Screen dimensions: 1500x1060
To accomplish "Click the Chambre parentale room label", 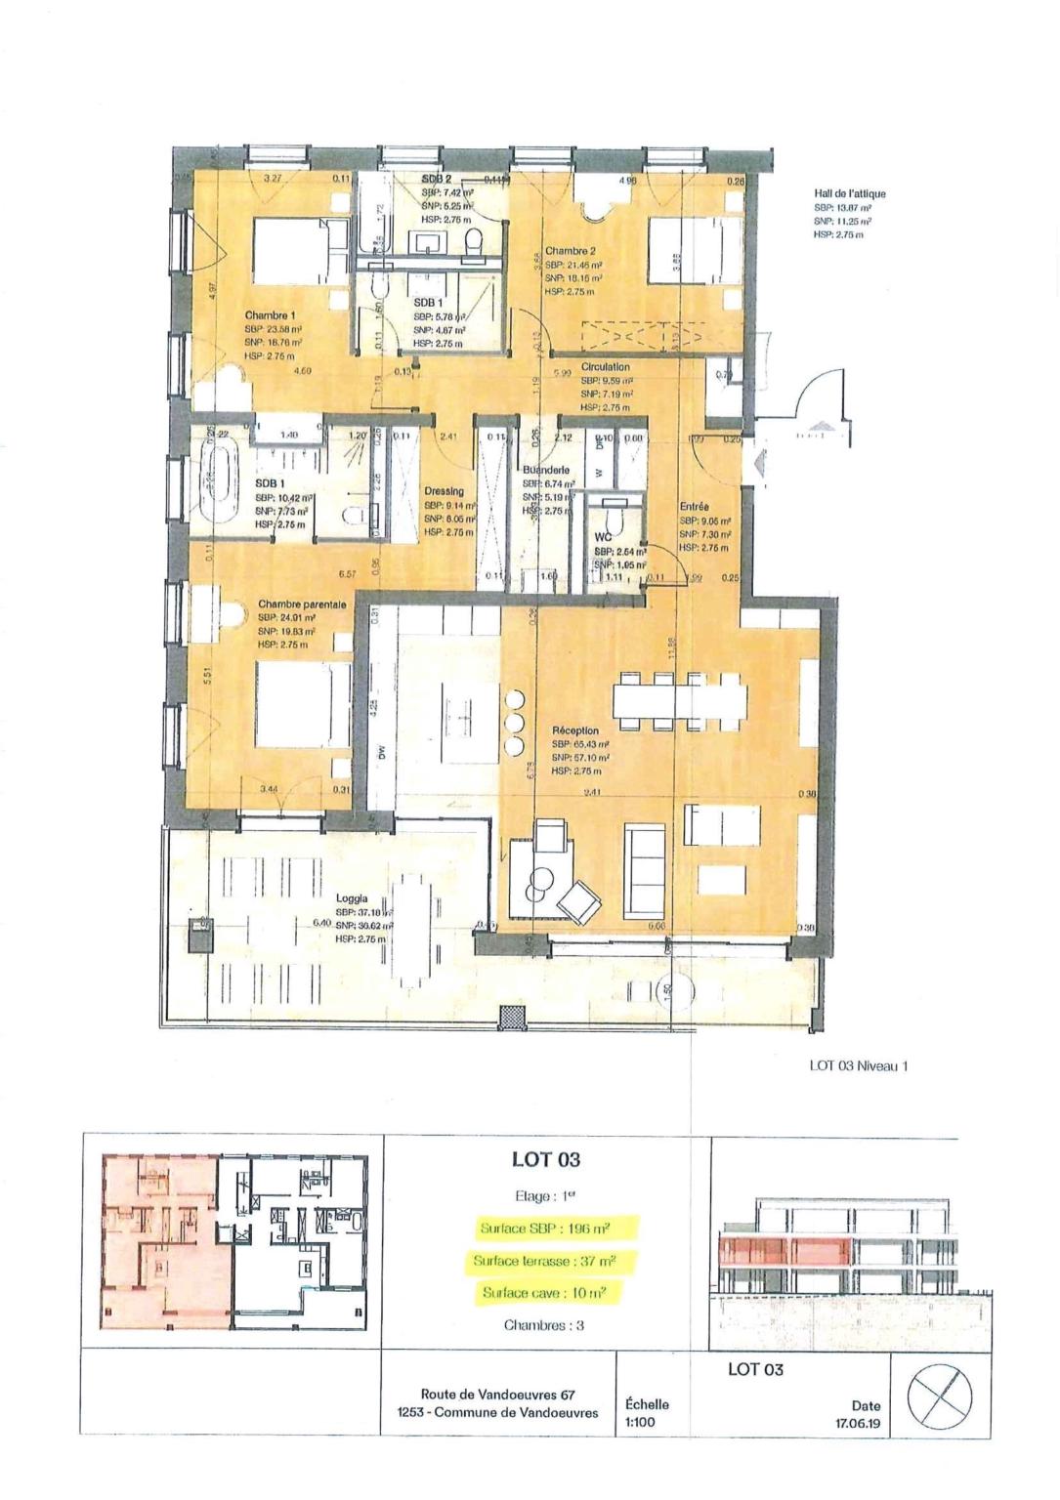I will pos(302,604).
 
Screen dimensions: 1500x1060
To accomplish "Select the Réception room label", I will pos(575,729).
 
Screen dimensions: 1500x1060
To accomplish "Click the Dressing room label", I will pos(444,491).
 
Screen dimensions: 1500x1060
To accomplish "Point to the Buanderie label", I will pos(545,469).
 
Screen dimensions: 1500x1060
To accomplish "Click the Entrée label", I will pos(694,507).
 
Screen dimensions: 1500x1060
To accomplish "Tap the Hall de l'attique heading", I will pos(849,194).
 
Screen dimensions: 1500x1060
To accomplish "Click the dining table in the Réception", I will pos(680,697).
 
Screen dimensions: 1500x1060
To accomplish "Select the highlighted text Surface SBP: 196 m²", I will pos(558,1228).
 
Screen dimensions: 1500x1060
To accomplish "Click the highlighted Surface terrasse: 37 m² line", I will pos(558,1261).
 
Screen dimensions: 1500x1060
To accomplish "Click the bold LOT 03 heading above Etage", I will pos(546,1160).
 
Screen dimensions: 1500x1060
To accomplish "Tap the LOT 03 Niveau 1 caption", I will pos(858,1066).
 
